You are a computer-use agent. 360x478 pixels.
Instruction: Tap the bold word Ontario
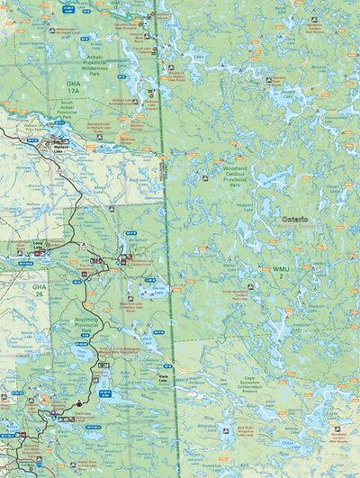tap(294, 220)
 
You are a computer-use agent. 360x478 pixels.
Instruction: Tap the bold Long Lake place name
tap(39, 244)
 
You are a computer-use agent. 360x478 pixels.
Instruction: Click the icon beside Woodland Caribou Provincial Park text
tap(205, 177)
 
